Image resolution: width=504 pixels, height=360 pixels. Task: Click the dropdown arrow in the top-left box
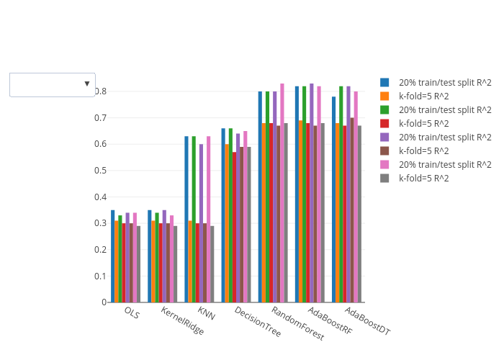click(x=86, y=84)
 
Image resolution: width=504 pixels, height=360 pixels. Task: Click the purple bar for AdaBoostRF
click(x=312, y=192)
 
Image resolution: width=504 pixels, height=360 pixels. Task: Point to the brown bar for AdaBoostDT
click(x=352, y=210)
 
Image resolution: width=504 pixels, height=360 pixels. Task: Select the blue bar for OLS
click(x=113, y=256)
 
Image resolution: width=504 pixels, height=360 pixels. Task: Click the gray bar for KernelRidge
click(x=175, y=264)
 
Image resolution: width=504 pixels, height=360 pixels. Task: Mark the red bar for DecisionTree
click(x=234, y=227)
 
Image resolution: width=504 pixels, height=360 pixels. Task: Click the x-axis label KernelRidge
click(x=182, y=321)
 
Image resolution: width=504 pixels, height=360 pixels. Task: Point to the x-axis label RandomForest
click(x=297, y=323)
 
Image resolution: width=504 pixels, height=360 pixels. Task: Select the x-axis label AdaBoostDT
click(x=367, y=321)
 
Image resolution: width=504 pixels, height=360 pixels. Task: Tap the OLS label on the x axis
click(x=132, y=312)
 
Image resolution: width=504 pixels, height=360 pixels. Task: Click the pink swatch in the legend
click(x=385, y=164)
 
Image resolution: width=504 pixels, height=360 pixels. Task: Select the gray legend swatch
click(x=385, y=178)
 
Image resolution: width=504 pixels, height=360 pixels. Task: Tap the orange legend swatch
click(x=385, y=96)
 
